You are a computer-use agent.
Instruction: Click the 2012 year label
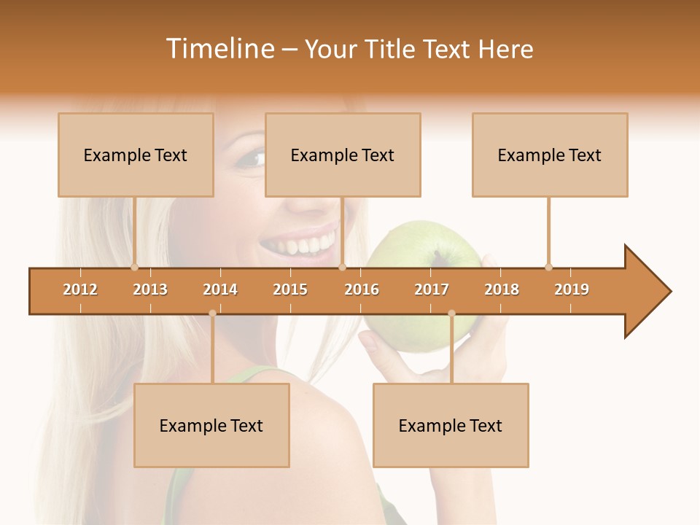[x=80, y=289]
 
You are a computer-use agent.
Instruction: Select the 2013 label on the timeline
[x=150, y=289]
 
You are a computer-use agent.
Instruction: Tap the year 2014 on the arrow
[x=220, y=289]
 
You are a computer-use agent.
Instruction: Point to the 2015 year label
[x=290, y=289]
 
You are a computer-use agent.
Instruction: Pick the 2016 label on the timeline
[x=362, y=289]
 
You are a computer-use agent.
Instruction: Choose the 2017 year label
[x=432, y=289]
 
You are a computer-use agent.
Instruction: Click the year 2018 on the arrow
[x=502, y=289]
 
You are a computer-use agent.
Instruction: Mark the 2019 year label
[x=572, y=289]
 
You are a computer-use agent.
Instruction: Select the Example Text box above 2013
[x=136, y=155]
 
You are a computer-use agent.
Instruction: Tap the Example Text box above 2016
[x=343, y=155]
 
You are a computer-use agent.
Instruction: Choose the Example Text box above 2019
[x=550, y=155]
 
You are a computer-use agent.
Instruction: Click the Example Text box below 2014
[x=211, y=425]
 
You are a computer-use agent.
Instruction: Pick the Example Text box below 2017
[x=451, y=425]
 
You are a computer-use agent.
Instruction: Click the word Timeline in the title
[x=219, y=49]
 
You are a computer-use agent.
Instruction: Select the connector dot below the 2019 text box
[x=548, y=267]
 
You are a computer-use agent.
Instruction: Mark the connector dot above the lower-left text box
[x=212, y=313]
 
